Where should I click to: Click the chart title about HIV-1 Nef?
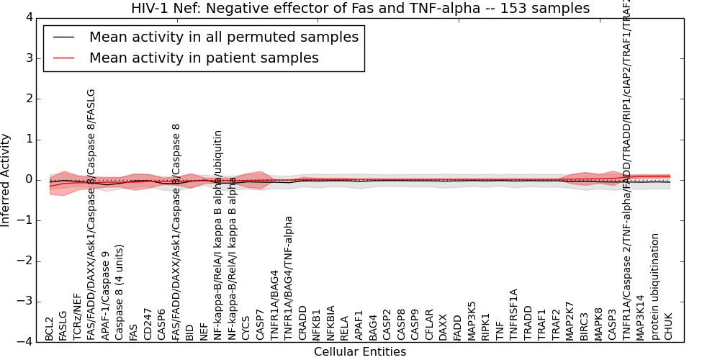tap(360, 9)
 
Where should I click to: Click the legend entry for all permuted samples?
tap(223, 37)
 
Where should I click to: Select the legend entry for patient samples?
tap(204, 58)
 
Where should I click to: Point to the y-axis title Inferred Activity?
tap(6, 180)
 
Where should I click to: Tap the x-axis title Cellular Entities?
tap(360, 352)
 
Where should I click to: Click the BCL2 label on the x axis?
tap(50, 328)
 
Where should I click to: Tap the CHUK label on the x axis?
tap(668, 326)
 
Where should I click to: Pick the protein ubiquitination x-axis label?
tap(654, 287)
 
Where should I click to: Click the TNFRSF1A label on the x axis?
tap(514, 315)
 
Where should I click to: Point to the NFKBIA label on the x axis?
tap(331, 323)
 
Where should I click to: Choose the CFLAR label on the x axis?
tap(430, 325)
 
